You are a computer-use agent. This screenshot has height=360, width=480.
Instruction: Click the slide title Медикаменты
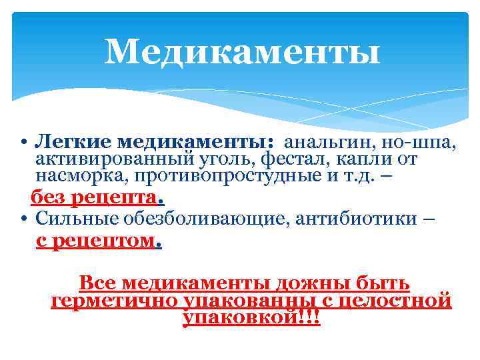coord(242,51)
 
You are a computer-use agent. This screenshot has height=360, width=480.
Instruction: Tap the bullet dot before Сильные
coord(23,219)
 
